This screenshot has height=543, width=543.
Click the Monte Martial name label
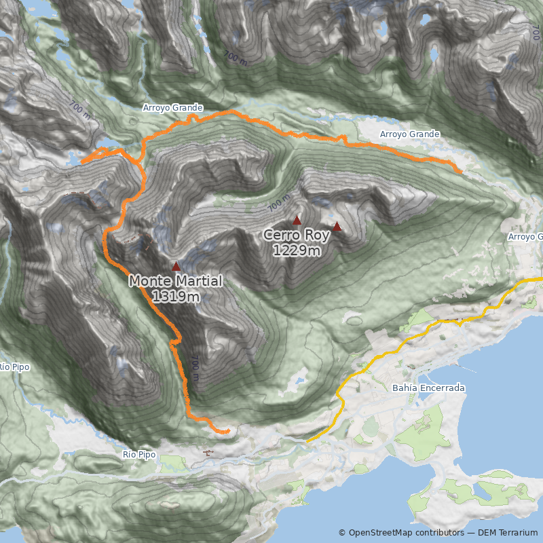point(175,281)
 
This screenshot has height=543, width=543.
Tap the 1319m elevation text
point(175,296)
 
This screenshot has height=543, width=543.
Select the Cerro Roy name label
point(297,236)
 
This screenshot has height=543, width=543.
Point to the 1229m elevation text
point(297,250)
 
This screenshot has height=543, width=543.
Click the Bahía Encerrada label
point(428,388)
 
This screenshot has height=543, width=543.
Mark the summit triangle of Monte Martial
point(176,267)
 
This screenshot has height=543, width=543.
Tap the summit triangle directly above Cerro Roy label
point(297,221)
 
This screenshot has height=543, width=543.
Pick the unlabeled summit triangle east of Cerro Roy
point(337,227)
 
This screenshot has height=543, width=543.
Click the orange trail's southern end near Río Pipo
point(228,431)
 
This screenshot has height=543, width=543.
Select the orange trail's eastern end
point(461,171)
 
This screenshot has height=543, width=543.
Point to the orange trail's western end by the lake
point(82,163)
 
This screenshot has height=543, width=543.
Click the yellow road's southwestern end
point(307,442)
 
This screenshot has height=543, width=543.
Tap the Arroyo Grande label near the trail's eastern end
point(409,134)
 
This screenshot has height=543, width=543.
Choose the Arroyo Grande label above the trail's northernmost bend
point(172,108)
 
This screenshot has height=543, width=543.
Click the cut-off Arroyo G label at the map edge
point(526,237)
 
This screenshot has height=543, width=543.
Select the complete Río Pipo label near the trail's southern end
point(139,454)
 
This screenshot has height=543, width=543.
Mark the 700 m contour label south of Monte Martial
point(195,364)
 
